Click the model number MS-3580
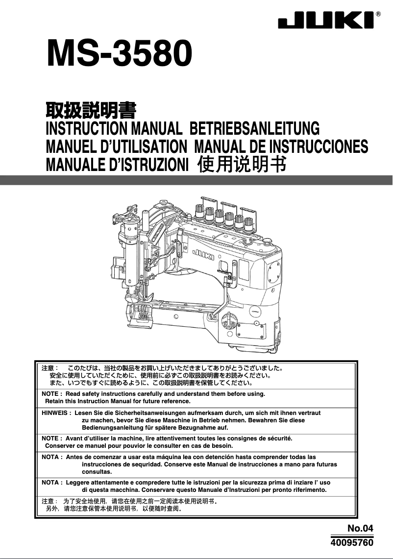click(x=118, y=54)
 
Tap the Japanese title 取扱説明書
click(x=90, y=111)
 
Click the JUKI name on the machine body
click(x=203, y=252)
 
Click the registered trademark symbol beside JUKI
click(x=378, y=14)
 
